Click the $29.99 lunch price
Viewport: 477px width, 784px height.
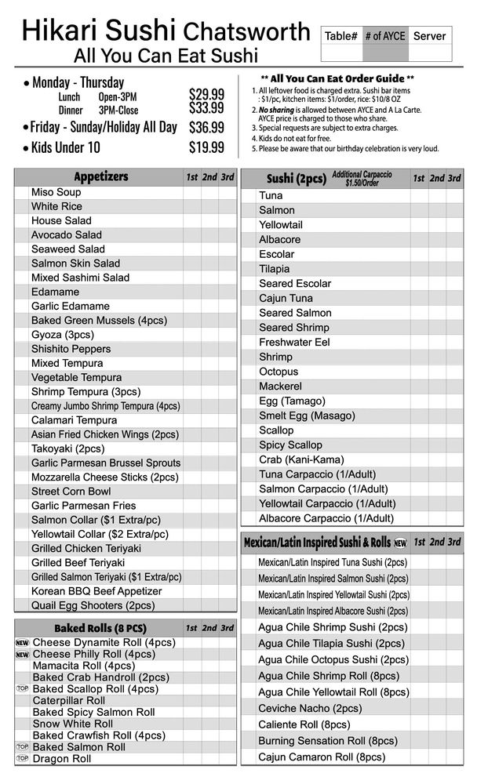pyautogui.click(x=206, y=94)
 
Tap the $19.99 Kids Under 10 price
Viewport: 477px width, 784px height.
pyautogui.click(x=206, y=147)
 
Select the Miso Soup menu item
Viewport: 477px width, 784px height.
pyautogui.click(x=56, y=192)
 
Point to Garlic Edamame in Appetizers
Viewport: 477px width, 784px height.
pyautogui.click(x=71, y=306)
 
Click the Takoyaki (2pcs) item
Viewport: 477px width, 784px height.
pyautogui.click(x=67, y=448)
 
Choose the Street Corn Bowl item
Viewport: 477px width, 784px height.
pyautogui.click(x=71, y=492)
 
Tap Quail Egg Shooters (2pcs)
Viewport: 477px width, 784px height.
pyautogui.click(x=93, y=605)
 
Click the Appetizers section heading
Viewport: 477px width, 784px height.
pyautogui.click(x=100, y=176)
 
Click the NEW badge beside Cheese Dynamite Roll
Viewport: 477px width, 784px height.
pyautogui.click(x=22, y=643)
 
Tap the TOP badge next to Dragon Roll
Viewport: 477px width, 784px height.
pyautogui.click(x=22, y=759)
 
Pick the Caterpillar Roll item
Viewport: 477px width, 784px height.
pyautogui.click(x=68, y=701)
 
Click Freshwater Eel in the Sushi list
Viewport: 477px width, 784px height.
pyautogui.click(x=294, y=343)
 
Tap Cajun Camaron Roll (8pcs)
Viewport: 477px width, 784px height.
pyautogui.click(x=322, y=757)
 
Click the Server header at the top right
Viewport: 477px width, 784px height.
pyautogui.click(x=429, y=36)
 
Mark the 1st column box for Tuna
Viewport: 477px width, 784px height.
pyautogui.click(x=419, y=195)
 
